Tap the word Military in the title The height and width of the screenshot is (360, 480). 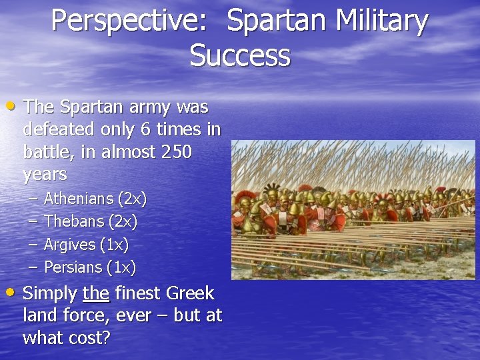(381, 21)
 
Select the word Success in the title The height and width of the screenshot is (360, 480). (240, 55)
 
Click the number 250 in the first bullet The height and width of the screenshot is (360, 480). (176, 152)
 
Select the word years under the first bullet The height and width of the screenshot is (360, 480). (45, 175)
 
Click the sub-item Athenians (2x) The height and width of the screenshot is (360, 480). (95, 199)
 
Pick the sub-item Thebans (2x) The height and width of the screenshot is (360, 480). (90, 221)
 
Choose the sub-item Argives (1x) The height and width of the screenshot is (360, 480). (86, 245)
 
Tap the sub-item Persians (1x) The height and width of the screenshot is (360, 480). (89, 267)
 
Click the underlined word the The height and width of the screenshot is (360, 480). (97, 293)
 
